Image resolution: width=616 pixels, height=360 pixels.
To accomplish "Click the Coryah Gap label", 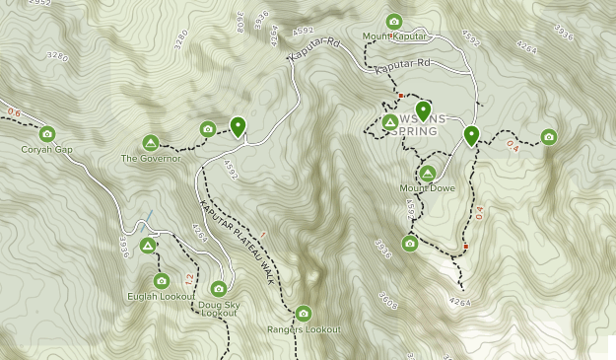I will (x=47, y=149).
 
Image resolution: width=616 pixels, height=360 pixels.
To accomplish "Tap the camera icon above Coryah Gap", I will (x=47, y=133).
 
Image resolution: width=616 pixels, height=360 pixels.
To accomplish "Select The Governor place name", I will (x=151, y=158).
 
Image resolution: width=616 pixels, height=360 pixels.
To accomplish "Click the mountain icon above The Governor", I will (x=151, y=142).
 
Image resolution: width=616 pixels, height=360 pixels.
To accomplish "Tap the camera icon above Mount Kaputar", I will (x=394, y=21).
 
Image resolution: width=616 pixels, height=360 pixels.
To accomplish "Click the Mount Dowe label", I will (x=427, y=187).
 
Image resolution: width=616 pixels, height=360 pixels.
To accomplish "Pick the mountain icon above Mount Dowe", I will (x=427, y=172).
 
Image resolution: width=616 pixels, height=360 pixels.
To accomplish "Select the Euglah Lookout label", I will (x=162, y=296).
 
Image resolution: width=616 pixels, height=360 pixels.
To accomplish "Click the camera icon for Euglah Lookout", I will (x=162, y=280).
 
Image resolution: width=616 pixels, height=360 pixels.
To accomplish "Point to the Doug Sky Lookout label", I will (x=219, y=308).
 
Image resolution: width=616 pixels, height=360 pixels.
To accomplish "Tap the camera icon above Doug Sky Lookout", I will (x=218, y=288).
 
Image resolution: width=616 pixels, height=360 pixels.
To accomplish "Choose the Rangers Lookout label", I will (x=304, y=329).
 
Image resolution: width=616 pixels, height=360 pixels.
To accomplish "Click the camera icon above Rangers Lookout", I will (x=303, y=313).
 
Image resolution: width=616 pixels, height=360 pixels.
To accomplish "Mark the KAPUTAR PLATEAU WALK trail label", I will (x=237, y=243).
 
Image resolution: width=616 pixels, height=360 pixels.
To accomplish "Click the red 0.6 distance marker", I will (x=13, y=111).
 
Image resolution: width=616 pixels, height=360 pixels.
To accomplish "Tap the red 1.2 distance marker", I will (x=188, y=278).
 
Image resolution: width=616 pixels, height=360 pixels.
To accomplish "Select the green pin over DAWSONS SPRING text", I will (x=423, y=110).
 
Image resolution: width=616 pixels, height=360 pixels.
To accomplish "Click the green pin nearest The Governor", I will (x=238, y=126).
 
